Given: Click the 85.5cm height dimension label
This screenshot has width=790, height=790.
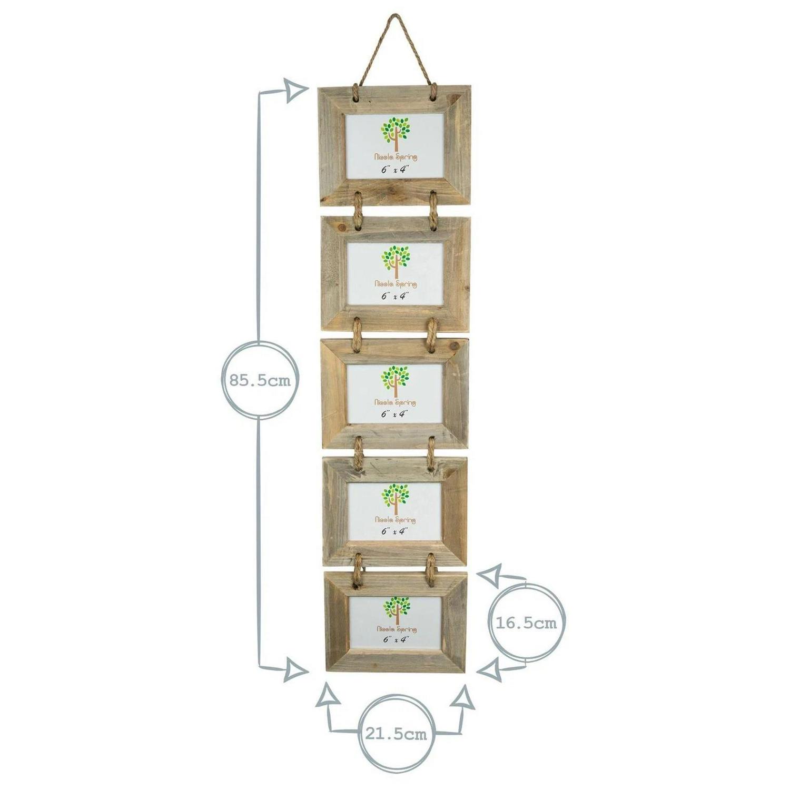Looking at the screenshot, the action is click(259, 380).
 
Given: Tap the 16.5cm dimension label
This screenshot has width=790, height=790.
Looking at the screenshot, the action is click(526, 623).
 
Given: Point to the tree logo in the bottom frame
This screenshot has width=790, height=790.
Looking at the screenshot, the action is click(396, 609).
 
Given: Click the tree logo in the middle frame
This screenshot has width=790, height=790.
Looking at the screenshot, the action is click(395, 381).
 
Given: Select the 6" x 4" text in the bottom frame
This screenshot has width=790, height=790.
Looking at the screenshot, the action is click(396, 639).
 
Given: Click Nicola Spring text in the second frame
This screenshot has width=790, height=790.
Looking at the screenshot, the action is click(396, 284).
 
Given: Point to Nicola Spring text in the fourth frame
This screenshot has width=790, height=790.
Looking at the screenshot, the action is click(396, 520).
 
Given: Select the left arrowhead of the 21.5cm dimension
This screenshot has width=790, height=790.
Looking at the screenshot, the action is click(327, 696).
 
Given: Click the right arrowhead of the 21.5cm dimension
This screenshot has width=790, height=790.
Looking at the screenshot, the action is click(464, 696).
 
